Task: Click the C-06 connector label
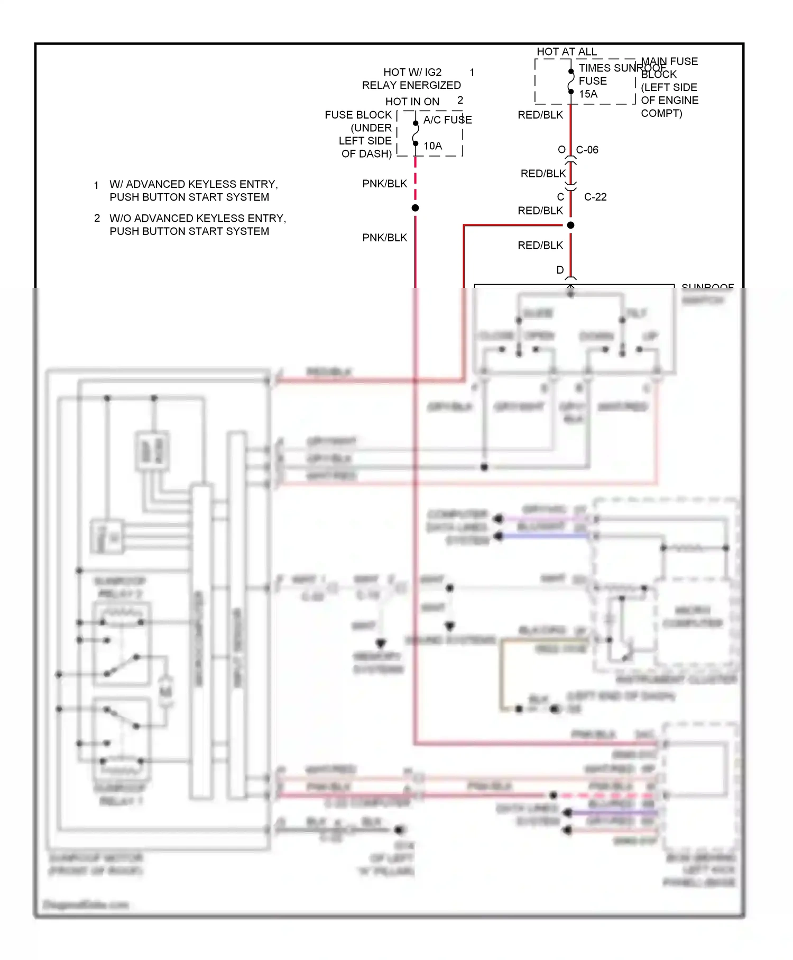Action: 587,150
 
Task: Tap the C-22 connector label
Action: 595,197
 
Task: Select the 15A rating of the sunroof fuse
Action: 588,94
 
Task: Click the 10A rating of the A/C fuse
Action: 432,146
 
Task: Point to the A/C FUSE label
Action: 447,120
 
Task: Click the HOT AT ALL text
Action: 567,51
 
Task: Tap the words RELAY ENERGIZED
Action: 411,85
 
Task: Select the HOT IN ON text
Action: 412,102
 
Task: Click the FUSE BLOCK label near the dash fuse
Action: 358,115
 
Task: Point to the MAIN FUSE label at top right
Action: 669,61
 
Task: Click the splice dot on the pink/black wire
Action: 416,208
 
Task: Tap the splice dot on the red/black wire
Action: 570,225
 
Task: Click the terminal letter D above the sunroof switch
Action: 560,270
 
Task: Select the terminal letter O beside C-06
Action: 561,150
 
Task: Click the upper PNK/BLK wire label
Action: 384,184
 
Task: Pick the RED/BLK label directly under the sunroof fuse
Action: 540,115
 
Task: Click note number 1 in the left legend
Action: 96,185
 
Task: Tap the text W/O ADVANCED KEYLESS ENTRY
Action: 198,218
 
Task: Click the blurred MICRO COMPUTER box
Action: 693,617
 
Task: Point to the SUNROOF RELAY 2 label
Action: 120,587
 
